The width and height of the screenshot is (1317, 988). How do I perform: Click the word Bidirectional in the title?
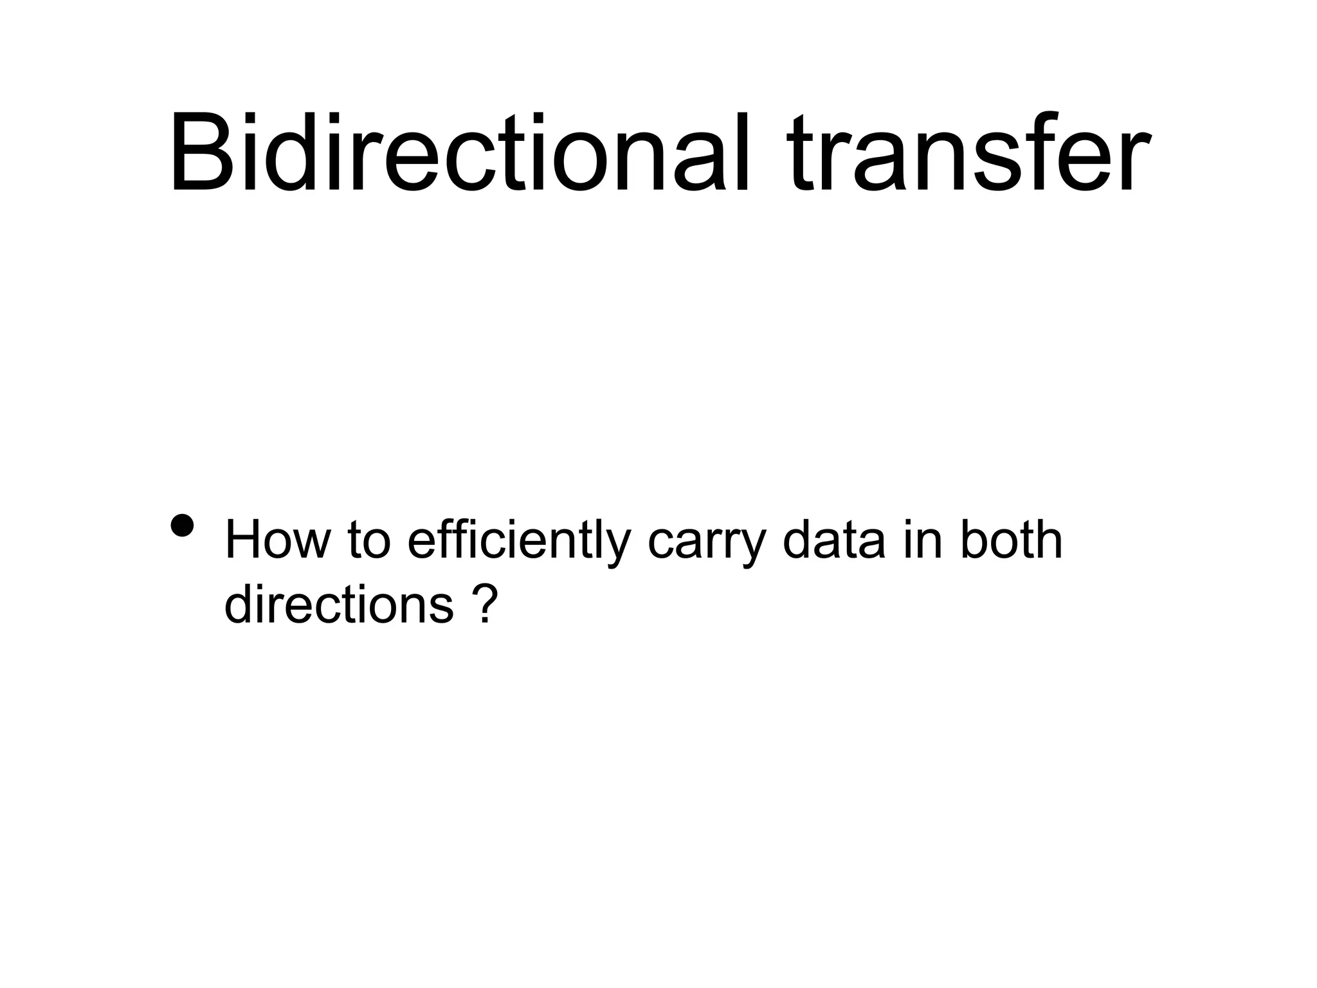tap(459, 154)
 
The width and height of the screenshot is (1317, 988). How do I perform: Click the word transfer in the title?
tap(968, 154)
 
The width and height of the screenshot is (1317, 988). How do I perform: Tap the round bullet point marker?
tap(183, 526)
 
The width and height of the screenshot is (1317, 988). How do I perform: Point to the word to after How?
tap(369, 542)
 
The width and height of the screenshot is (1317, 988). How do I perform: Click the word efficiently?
tap(518, 542)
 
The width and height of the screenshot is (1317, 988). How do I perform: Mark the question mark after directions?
tap(488, 605)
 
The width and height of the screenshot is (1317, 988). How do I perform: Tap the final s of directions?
tap(443, 607)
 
